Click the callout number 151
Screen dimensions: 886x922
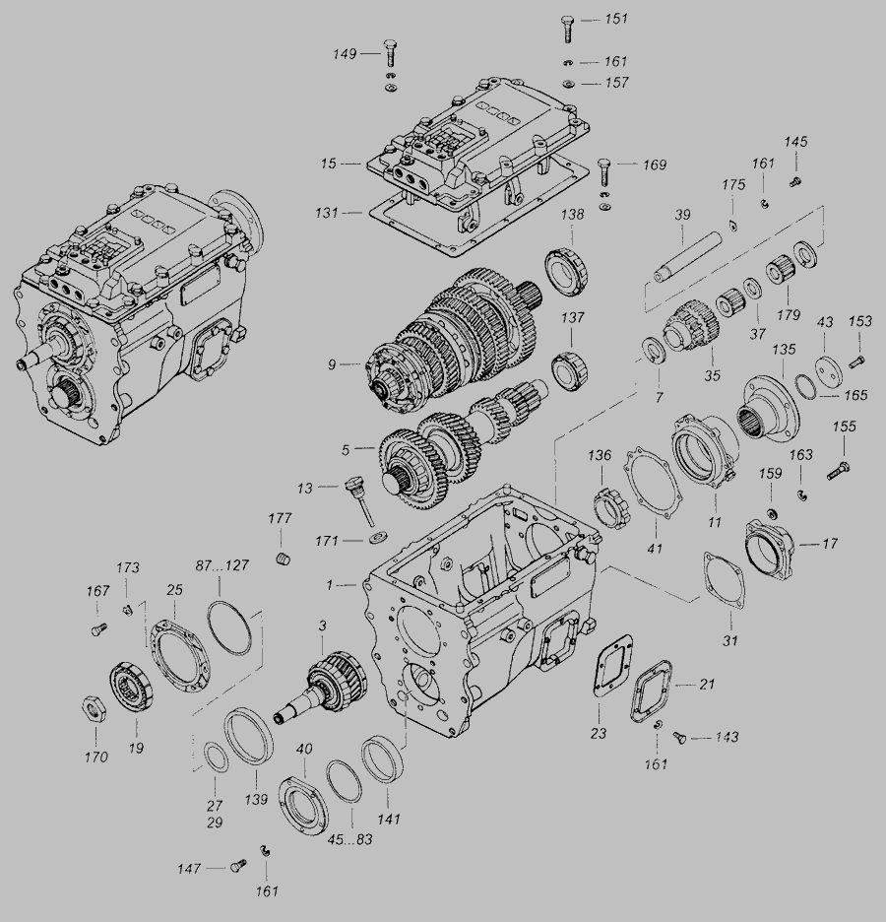[x=616, y=19]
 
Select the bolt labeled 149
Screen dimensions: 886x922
[x=390, y=53]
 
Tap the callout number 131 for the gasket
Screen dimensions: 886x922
[x=327, y=212]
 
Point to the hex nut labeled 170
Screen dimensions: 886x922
[x=95, y=707]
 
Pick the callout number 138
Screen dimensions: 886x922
[x=572, y=215]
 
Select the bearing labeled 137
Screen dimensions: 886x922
[x=571, y=371]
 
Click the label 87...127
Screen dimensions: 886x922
[x=222, y=565]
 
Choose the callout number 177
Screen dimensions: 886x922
[x=280, y=518]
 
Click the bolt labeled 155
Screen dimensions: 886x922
[x=839, y=471]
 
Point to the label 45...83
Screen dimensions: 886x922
[x=349, y=839]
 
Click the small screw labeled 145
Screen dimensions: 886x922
[x=794, y=181]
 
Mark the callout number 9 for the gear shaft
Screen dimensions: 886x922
[x=332, y=365]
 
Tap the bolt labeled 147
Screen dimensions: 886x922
[x=238, y=866]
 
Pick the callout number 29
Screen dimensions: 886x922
[x=215, y=823]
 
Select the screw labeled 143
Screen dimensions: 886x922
[x=680, y=737]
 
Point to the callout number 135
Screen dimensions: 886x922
[x=784, y=350]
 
